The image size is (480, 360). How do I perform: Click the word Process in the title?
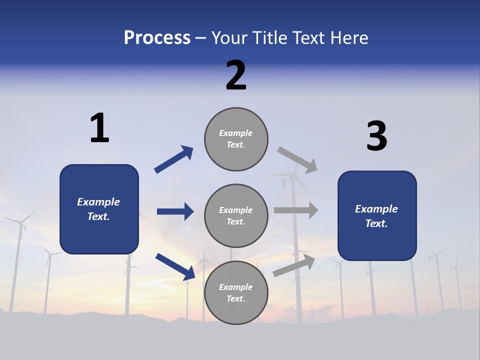[157, 38]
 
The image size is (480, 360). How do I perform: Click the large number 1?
[99, 128]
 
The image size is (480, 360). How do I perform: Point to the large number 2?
[236, 75]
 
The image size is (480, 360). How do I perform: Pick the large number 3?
[376, 136]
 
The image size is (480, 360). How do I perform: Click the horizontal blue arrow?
[175, 211]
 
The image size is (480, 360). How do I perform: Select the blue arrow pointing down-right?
[175, 266]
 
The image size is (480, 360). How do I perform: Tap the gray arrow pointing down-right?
[297, 159]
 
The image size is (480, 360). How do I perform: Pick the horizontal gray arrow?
[295, 210]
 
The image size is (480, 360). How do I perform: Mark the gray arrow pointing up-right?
[294, 265]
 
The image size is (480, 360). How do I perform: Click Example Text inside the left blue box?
[98, 209]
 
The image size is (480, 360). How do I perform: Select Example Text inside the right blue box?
[376, 216]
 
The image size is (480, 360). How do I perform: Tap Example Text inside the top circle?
[236, 139]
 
